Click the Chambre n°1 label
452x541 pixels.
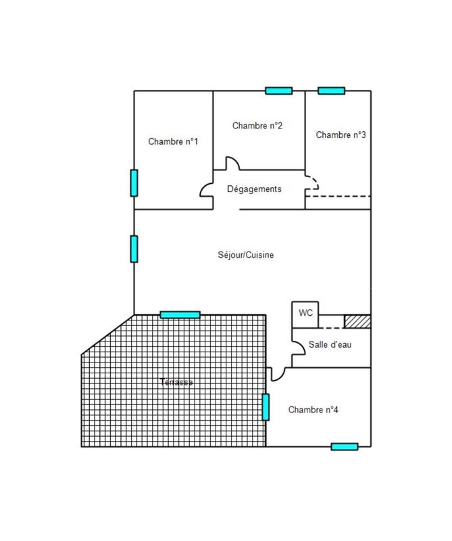point(173,141)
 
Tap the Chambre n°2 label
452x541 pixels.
point(257,126)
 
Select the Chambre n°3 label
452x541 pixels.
point(341,135)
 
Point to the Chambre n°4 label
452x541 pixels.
point(313,410)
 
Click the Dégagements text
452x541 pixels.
point(254,189)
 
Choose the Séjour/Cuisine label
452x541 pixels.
point(246,255)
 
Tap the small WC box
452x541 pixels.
point(305,314)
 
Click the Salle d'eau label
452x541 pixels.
point(330,344)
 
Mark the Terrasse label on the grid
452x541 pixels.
point(176,382)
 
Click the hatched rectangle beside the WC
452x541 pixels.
point(357,321)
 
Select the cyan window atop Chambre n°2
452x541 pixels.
point(278,91)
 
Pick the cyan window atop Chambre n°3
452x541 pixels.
point(331,91)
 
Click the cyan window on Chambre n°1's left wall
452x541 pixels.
point(134,183)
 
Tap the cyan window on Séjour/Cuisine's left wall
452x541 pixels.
point(134,248)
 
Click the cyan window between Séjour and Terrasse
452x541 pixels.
point(180,314)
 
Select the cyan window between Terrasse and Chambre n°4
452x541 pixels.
point(266,406)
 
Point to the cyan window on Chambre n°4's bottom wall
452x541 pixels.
point(344,446)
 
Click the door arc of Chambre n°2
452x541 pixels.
point(232,164)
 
